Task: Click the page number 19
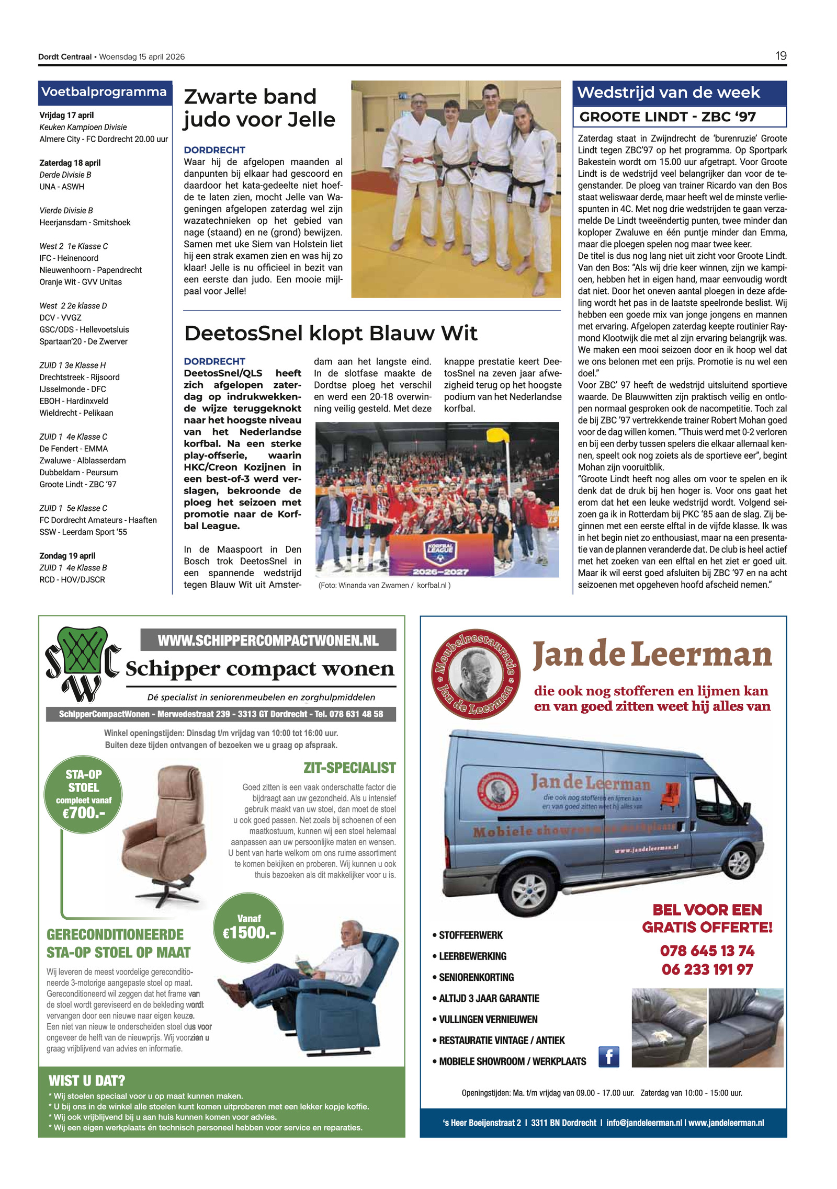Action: click(781, 56)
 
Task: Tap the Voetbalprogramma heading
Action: click(104, 92)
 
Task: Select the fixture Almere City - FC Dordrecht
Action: click(104, 139)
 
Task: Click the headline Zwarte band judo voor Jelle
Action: click(259, 108)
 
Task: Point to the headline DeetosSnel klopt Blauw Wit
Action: click(331, 333)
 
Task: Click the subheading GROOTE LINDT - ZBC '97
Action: click(668, 117)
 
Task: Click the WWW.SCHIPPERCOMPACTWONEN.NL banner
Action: click(268, 640)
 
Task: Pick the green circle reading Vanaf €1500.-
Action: click(248, 928)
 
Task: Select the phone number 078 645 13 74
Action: click(707, 951)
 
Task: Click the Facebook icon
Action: click(608, 1057)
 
